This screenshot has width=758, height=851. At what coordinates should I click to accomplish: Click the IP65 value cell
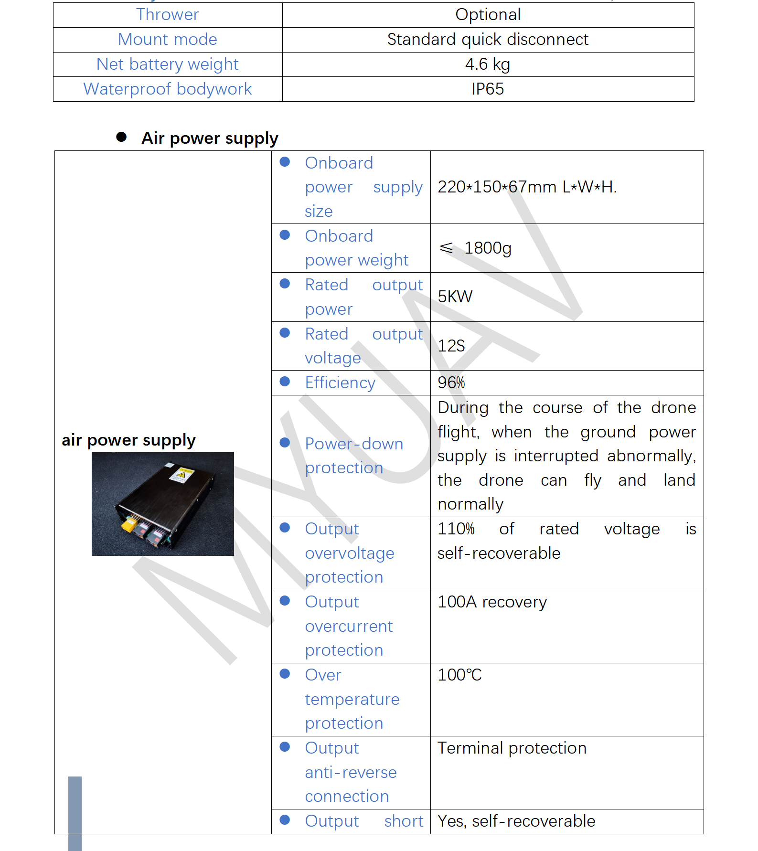pyautogui.click(x=488, y=89)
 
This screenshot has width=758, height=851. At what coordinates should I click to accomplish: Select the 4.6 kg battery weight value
pyautogui.click(x=488, y=64)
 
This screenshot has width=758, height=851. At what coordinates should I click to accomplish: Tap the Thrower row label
pyautogui.click(x=167, y=15)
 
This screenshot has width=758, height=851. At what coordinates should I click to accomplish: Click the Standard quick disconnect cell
pyautogui.click(x=488, y=40)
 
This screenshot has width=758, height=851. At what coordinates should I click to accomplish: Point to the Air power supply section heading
pyautogui.click(x=210, y=138)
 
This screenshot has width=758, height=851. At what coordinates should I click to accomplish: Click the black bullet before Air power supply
pyautogui.click(x=121, y=138)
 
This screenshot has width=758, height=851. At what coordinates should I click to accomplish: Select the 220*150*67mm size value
pyautogui.click(x=527, y=187)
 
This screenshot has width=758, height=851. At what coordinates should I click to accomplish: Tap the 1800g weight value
pyautogui.click(x=487, y=248)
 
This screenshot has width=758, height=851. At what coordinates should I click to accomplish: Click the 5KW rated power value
pyautogui.click(x=455, y=297)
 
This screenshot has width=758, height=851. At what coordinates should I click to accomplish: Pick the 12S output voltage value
pyautogui.click(x=451, y=346)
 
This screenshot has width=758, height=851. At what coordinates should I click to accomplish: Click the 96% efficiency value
pyautogui.click(x=451, y=383)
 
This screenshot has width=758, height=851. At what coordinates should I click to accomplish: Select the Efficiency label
pyautogui.click(x=340, y=383)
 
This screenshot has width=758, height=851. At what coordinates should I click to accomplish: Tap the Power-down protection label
pyautogui.click(x=353, y=456)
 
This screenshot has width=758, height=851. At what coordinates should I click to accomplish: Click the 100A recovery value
pyautogui.click(x=492, y=602)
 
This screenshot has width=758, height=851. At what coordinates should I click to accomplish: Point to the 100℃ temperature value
pyautogui.click(x=459, y=675)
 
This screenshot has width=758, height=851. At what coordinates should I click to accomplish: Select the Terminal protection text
pyautogui.click(x=512, y=748)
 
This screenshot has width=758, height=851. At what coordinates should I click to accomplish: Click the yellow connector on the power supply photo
pyautogui.click(x=128, y=526)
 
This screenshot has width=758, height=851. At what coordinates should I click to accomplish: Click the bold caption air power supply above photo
pyautogui.click(x=128, y=440)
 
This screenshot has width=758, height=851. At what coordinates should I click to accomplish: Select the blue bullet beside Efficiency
pyautogui.click(x=285, y=382)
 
